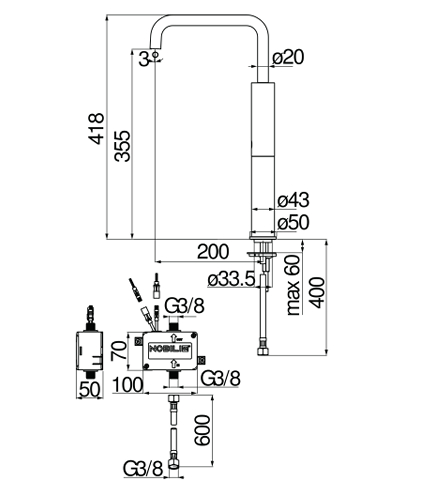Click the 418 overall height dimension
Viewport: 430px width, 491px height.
point(97,129)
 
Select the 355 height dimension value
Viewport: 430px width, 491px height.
point(122,146)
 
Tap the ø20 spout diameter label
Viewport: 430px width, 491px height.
point(288,57)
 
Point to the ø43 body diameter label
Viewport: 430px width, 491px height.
point(293,200)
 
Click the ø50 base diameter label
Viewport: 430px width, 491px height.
point(293,222)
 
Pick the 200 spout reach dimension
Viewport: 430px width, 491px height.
point(213,252)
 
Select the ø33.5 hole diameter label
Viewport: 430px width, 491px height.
point(231,279)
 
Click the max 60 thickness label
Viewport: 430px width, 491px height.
point(293,285)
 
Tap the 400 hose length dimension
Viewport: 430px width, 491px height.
point(317,292)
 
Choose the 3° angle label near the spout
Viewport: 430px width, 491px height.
point(147,59)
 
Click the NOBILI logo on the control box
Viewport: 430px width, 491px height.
point(169,349)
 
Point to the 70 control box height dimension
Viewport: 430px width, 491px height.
point(119,350)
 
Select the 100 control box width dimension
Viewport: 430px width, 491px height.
point(128,385)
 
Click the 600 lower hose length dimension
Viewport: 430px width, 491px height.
point(203,430)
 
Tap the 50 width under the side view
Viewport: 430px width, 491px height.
point(90,389)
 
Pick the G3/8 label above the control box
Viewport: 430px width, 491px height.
point(184,306)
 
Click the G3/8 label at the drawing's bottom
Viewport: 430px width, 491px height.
point(143,469)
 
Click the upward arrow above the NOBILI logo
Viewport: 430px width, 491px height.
point(173,338)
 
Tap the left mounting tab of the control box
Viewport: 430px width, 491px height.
point(138,342)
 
